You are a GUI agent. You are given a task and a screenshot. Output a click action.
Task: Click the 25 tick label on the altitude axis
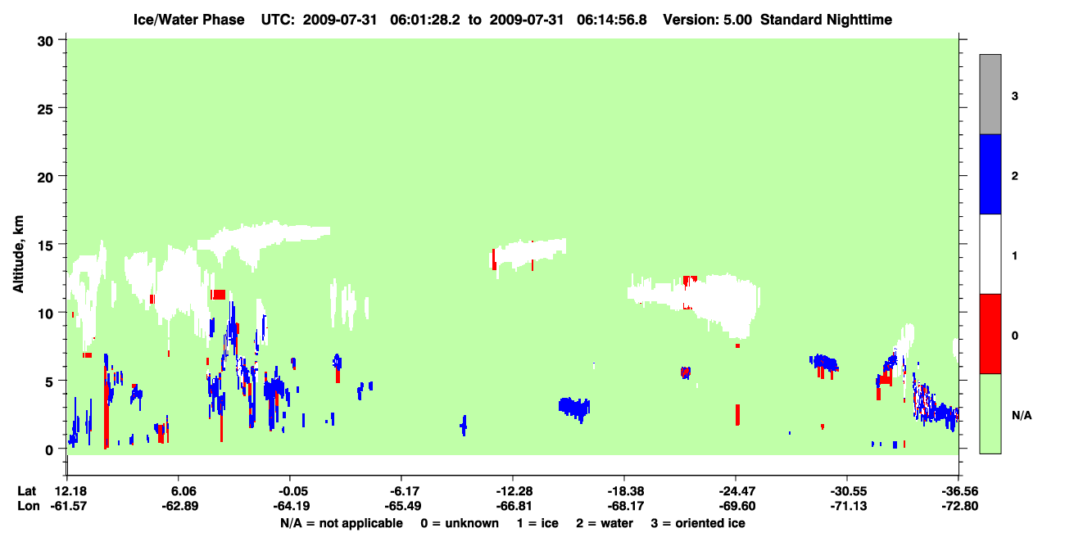pos(45,110)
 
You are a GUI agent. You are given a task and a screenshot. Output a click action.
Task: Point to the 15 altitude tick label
pos(45,246)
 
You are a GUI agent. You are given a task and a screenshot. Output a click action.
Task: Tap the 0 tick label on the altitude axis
pos(49,450)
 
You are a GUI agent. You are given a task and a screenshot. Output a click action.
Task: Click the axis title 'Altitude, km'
pos(18,255)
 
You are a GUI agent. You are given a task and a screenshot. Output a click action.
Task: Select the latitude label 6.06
pos(179,491)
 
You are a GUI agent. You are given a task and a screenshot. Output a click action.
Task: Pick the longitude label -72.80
pos(960,506)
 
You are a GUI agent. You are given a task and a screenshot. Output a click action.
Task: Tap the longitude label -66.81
pos(514,506)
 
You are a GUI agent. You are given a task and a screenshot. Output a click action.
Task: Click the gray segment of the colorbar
pos(990,94)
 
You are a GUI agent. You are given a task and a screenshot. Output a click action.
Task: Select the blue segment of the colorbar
pos(990,174)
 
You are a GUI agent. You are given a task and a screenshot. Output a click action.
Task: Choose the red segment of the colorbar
pos(990,334)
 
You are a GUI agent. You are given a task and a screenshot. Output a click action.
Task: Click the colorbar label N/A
pos(1022,416)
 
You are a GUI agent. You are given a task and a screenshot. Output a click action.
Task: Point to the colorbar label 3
pos(1015,97)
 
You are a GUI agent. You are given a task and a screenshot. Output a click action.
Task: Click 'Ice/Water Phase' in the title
pos(188,20)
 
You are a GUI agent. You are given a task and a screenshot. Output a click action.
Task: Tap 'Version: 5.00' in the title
pos(708,20)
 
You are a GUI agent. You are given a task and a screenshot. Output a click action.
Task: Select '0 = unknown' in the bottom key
pos(460,523)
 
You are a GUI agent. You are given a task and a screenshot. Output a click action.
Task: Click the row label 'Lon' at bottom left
pos(29,506)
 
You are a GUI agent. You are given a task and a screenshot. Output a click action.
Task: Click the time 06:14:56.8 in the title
pos(612,20)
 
